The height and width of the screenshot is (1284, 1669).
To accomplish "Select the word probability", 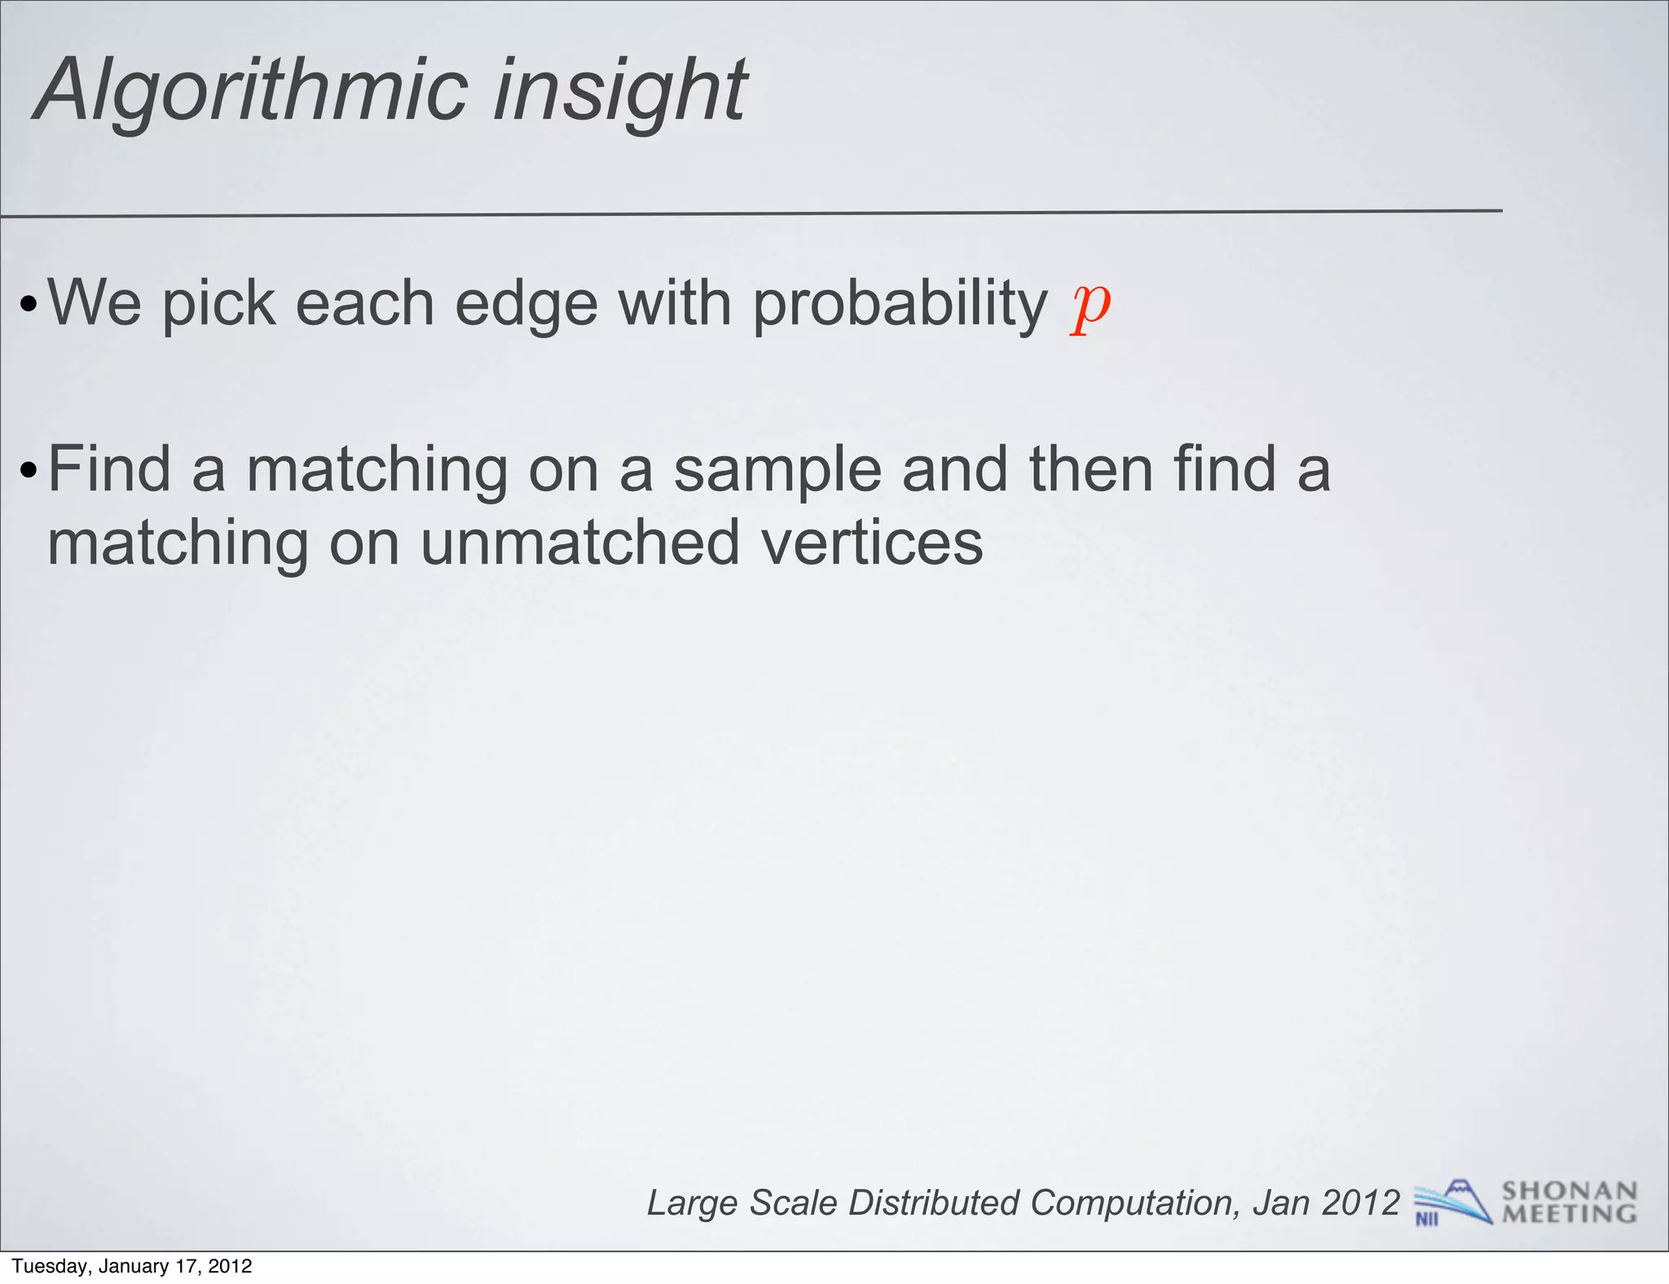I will pyautogui.click(x=899, y=305).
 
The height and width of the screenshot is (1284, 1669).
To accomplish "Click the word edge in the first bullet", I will pyautogui.click(x=526, y=305).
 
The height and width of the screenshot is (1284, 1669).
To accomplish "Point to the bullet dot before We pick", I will pyautogui.click(x=29, y=306).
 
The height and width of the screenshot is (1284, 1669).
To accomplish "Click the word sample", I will pyautogui.click(x=777, y=471).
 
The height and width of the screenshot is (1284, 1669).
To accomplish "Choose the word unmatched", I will pyautogui.click(x=579, y=544).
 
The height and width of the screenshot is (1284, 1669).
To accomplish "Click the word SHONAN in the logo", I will pyautogui.click(x=1569, y=1191).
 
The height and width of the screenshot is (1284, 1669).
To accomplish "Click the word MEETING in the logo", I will pyautogui.click(x=1569, y=1214).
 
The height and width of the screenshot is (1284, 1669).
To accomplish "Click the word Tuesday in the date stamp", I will pyautogui.click(x=48, y=1266).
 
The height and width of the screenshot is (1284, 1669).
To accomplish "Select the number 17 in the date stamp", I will pyautogui.click(x=186, y=1266).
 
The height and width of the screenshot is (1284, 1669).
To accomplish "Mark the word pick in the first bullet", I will pyautogui.click(x=218, y=305).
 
